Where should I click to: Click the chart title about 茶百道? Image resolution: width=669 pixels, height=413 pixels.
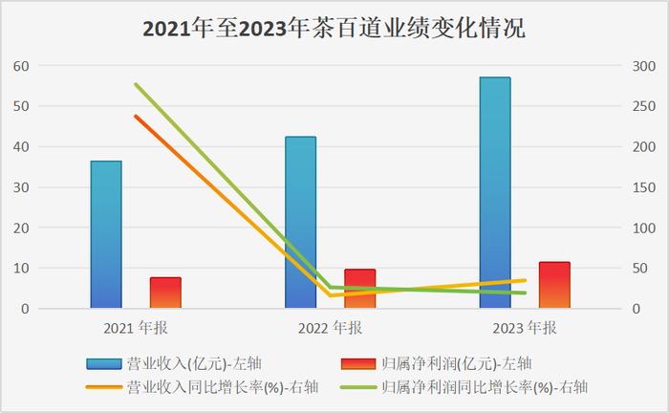click(334, 28)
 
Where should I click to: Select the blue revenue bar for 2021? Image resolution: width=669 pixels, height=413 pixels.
click(106, 234)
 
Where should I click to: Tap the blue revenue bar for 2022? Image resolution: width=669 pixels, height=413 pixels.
click(300, 222)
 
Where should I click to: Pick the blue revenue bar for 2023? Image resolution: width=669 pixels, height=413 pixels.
click(495, 192)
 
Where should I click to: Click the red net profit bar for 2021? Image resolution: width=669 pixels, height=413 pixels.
click(165, 293)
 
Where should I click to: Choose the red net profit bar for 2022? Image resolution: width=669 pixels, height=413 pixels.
click(359, 289)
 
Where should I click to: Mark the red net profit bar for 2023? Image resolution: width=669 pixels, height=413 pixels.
click(554, 285)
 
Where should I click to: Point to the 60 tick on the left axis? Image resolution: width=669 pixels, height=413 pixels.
click(21, 66)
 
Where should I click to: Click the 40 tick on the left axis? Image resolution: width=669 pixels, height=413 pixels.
click(21, 147)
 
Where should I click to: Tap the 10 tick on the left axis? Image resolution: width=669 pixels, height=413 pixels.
click(21, 269)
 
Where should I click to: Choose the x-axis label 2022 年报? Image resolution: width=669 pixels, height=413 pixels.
click(330, 328)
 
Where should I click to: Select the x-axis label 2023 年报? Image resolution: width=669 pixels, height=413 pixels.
click(525, 328)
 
